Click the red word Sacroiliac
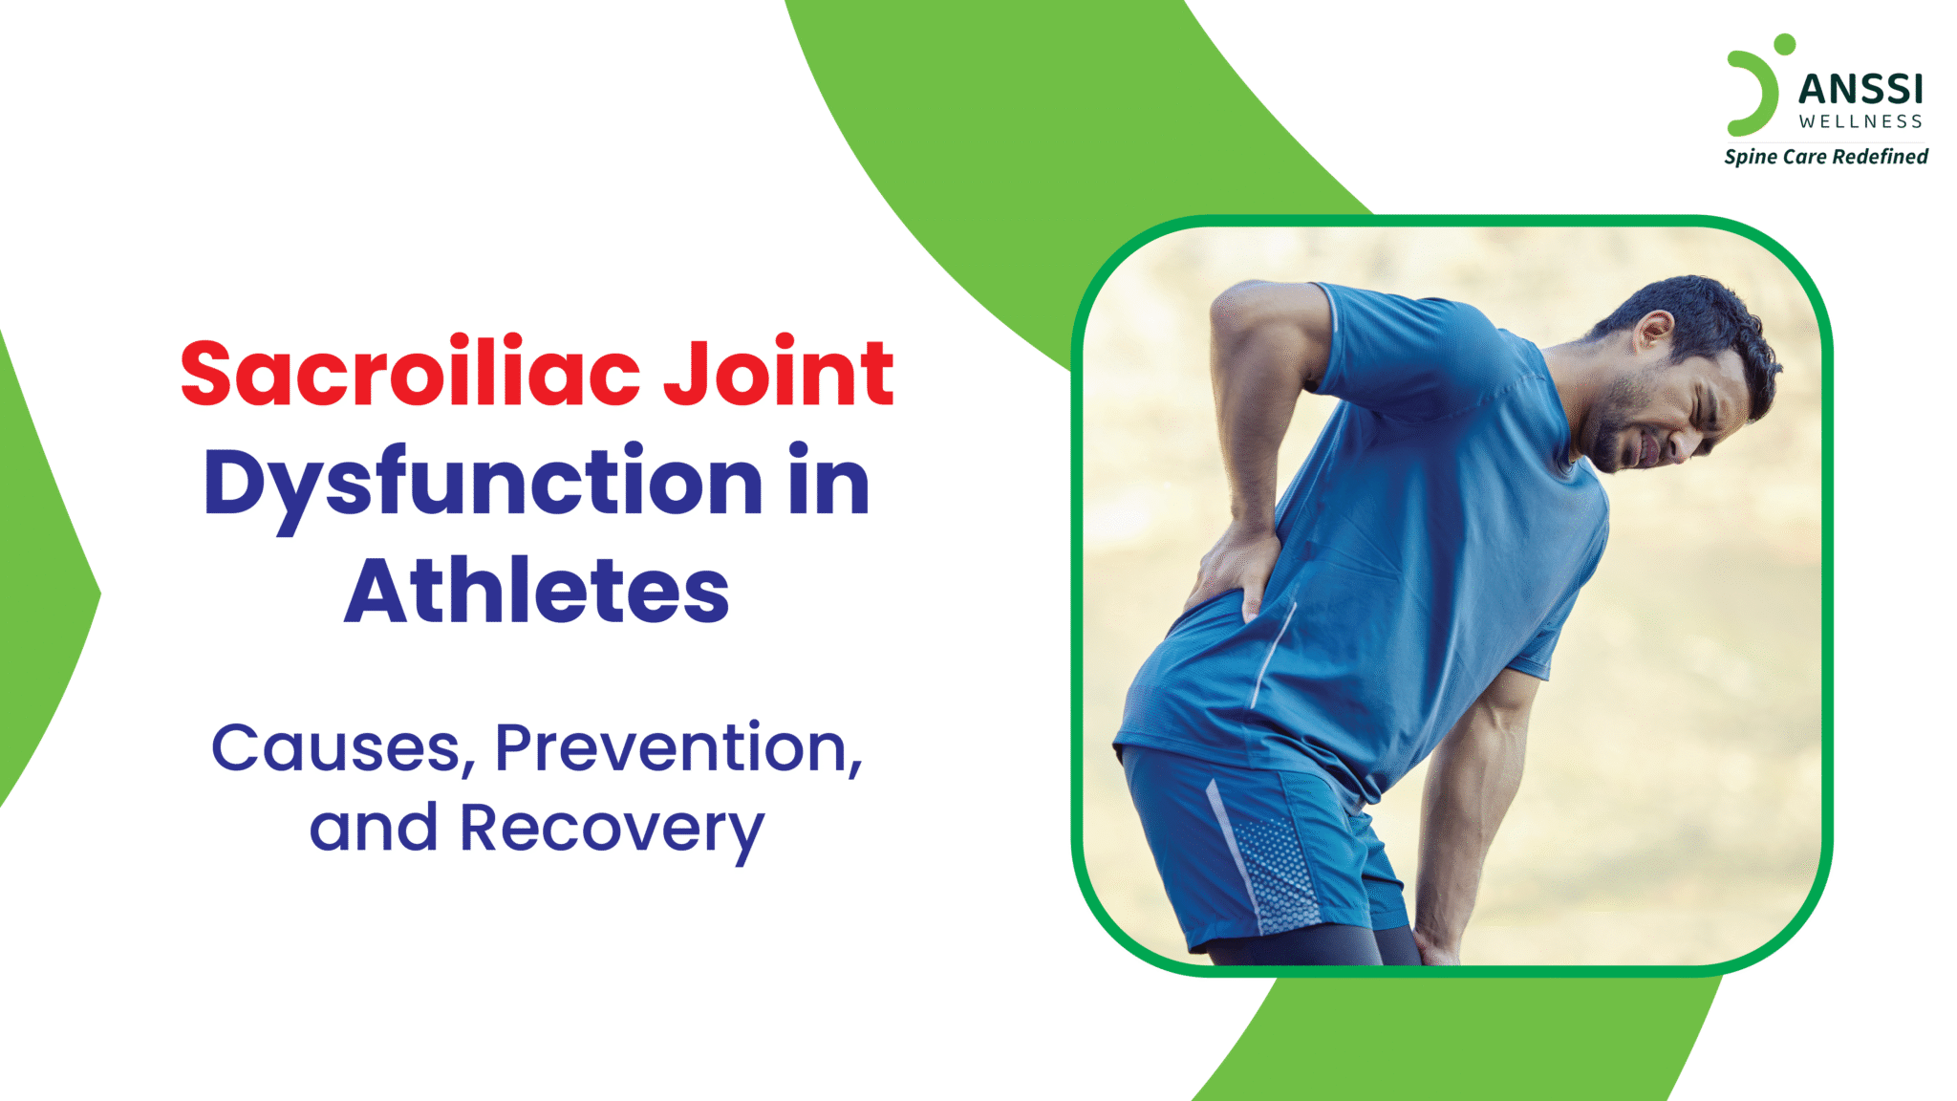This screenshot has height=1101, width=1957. tap(410, 374)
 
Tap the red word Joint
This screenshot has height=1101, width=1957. tap(779, 374)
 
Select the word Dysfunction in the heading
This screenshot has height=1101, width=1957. tap(483, 483)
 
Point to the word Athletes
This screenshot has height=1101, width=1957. tap(537, 592)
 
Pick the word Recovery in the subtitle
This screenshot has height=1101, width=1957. tap(613, 829)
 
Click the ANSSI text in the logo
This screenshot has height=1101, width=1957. tap(1860, 90)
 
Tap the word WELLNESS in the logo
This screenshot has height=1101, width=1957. tap(1860, 122)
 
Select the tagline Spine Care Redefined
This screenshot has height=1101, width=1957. tap(1826, 157)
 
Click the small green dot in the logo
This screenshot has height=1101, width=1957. tap(1783, 44)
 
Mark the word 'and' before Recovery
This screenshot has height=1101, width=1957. tap(374, 829)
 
